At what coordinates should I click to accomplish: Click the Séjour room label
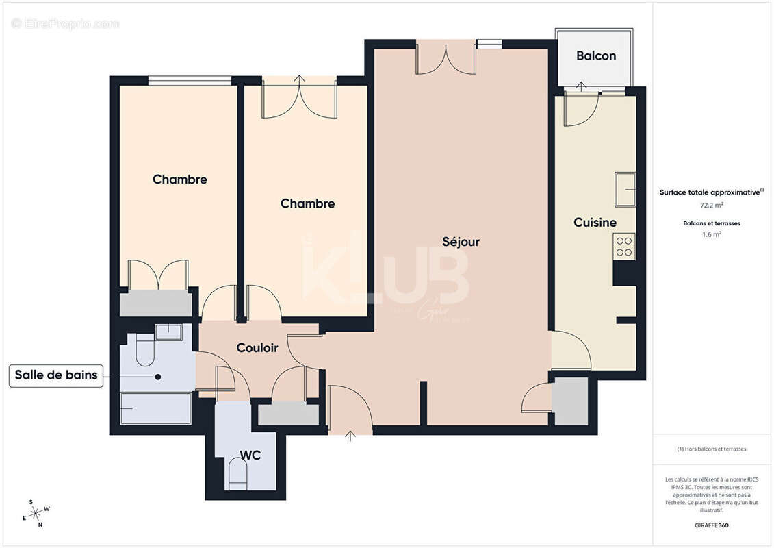(461, 242)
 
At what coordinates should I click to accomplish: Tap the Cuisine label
(595, 223)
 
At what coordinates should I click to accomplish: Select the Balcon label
(595, 56)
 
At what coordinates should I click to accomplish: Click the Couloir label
(257, 348)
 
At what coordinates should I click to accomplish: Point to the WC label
(250, 455)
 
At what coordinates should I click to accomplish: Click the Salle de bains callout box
(56, 375)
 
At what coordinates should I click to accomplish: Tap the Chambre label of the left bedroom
(179, 179)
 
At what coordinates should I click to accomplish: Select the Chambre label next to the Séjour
(307, 203)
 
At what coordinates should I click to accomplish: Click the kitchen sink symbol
(625, 189)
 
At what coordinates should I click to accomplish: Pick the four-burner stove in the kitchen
(624, 246)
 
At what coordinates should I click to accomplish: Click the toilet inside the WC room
(238, 474)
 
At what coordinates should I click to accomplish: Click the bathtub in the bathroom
(156, 408)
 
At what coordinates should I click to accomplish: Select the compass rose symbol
(35, 512)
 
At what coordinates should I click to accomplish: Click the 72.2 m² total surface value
(712, 205)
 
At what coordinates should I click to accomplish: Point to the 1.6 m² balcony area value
(712, 234)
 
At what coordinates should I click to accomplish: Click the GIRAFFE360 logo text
(712, 525)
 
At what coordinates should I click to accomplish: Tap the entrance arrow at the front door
(351, 435)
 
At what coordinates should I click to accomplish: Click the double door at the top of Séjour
(446, 58)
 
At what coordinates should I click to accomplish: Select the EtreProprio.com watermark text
(65, 24)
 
